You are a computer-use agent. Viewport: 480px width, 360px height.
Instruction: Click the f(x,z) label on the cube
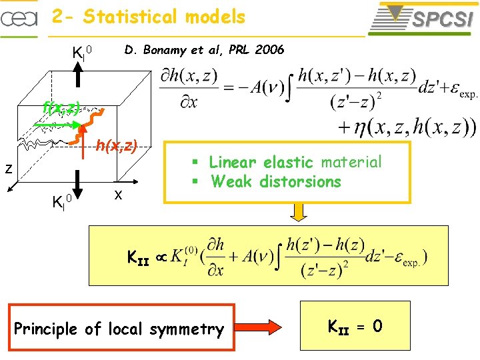[61, 107]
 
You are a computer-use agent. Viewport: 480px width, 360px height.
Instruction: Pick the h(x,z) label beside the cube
[117, 145]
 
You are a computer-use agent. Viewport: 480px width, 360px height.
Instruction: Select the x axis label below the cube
[117, 195]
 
